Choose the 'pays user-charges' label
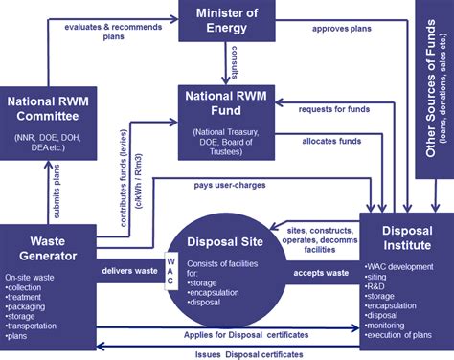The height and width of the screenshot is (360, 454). [x=229, y=183]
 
